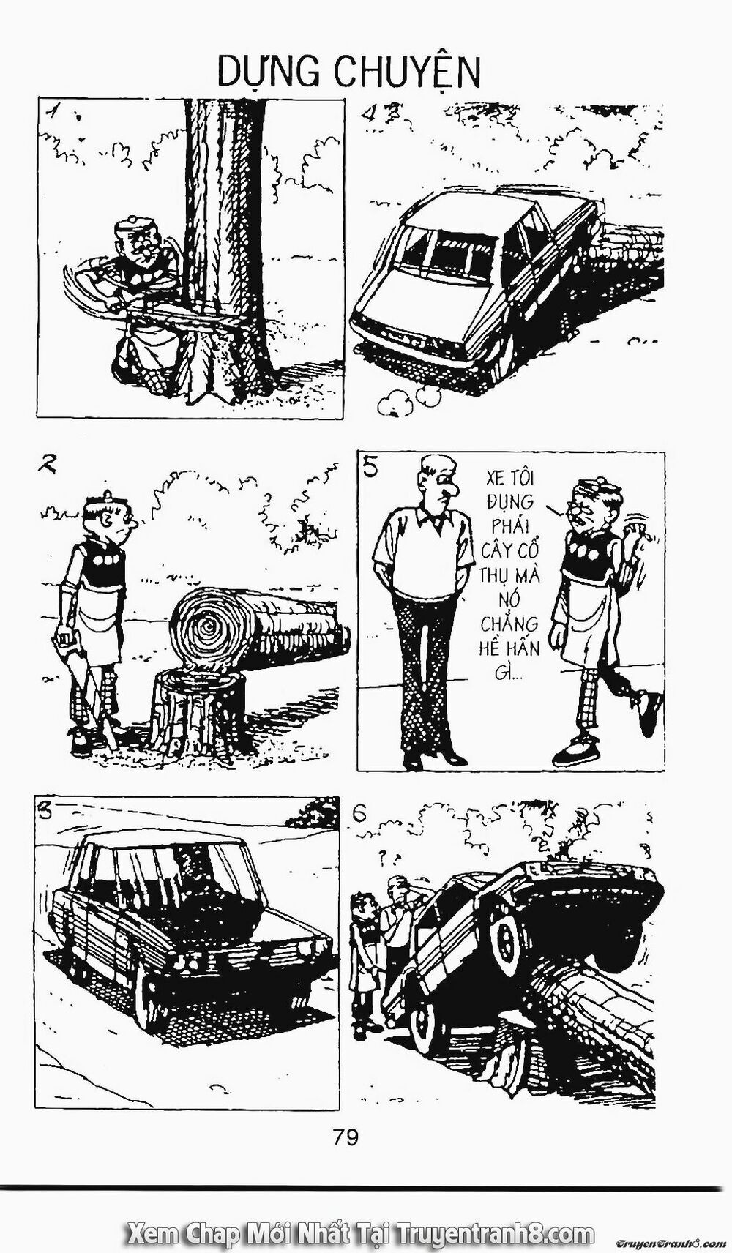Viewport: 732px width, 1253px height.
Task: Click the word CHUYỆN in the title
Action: pyautogui.click(x=407, y=74)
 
